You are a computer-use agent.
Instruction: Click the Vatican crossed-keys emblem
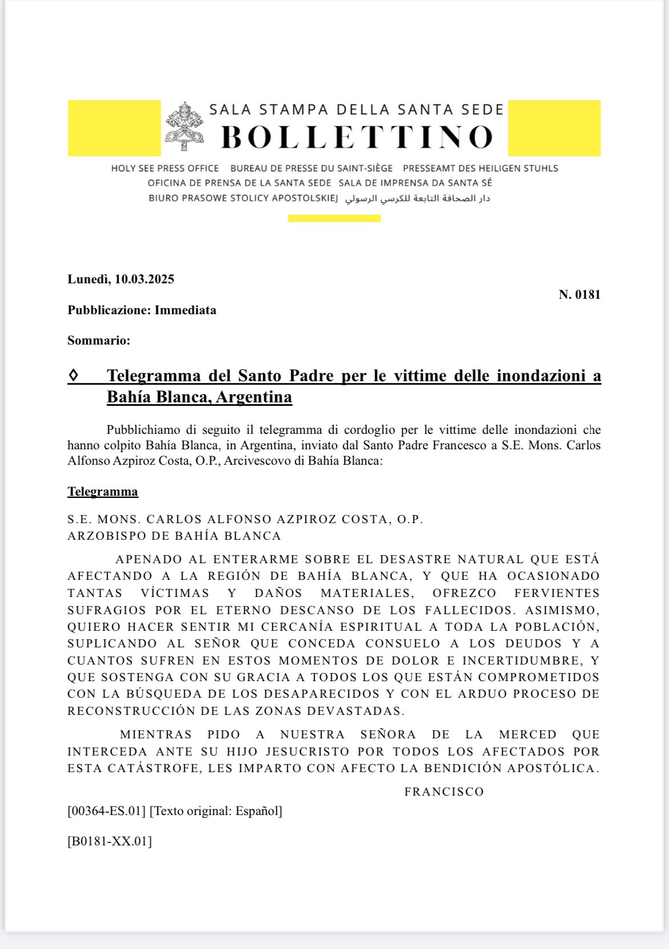pyautogui.click(x=185, y=126)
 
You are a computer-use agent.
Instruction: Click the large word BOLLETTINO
pyautogui.click(x=357, y=137)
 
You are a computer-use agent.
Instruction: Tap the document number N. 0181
pyautogui.click(x=579, y=295)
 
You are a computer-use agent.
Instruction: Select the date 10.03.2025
pyautogui.click(x=144, y=279)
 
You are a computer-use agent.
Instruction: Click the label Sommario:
pyautogui.click(x=99, y=341)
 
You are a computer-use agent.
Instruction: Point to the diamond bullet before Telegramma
pyautogui.click(x=73, y=375)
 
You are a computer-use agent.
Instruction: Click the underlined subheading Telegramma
pyautogui.click(x=103, y=492)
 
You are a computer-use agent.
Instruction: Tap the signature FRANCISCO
pyautogui.click(x=444, y=792)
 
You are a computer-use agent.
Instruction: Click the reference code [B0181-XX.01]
pyautogui.click(x=110, y=841)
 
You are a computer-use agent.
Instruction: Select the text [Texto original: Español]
pyautogui.click(x=216, y=811)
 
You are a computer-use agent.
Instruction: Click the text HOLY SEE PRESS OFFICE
pyautogui.click(x=165, y=168)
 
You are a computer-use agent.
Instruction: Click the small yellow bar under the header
pyautogui.click(x=334, y=218)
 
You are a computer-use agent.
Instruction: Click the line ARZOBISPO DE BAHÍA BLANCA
pyautogui.click(x=174, y=536)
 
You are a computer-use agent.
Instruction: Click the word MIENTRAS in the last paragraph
pyautogui.click(x=156, y=734)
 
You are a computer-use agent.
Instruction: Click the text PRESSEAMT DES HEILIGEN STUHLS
pyautogui.click(x=480, y=168)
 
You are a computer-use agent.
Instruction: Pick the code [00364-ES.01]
pyautogui.click(x=106, y=811)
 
